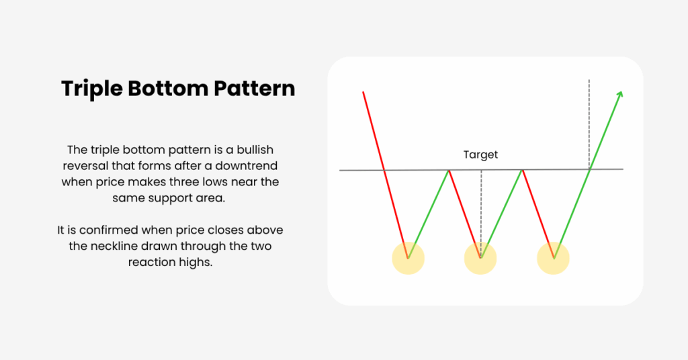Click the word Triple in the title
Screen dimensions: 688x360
click(x=92, y=89)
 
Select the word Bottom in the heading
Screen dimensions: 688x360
click(x=169, y=88)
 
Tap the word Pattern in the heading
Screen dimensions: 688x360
click(x=255, y=88)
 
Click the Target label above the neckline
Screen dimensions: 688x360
click(x=480, y=154)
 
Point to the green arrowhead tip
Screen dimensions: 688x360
click(x=621, y=91)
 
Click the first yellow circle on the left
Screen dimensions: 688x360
click(x=408, y=259)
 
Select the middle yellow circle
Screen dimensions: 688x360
click(x=480, y=259)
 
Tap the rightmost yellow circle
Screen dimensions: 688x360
click(x=554, y=259)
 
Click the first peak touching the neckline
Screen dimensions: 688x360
click(x=449, y=170)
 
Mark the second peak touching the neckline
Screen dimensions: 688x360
click(x=522, y=170)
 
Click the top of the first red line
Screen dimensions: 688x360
click(x=363, y=92)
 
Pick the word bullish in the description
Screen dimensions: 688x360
click(x=255, y=150)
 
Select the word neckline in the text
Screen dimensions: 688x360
click(x=115, y=246)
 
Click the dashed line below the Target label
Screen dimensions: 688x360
click(x=481, y=214)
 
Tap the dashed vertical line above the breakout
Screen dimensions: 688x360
click(x=589, y=124)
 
